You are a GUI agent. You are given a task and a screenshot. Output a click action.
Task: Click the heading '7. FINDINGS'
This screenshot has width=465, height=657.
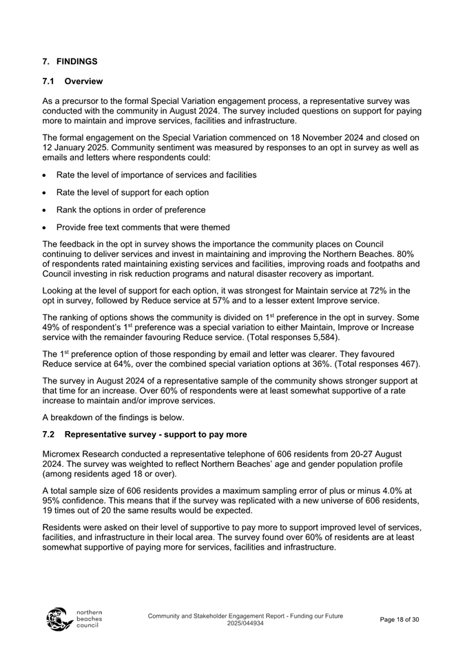pos(70,61)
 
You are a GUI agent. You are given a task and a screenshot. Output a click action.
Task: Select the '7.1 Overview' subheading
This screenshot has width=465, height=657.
pos(72,81)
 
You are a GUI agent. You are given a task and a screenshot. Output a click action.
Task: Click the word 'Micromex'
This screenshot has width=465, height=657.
pos(63,453)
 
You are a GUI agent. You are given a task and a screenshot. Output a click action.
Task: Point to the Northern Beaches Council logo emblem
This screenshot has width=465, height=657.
pos(58,618)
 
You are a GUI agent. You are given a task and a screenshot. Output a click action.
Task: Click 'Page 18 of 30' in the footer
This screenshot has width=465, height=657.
pos(399,620)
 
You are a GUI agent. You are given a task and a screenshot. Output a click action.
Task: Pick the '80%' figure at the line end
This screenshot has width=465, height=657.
pos(404,253)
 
